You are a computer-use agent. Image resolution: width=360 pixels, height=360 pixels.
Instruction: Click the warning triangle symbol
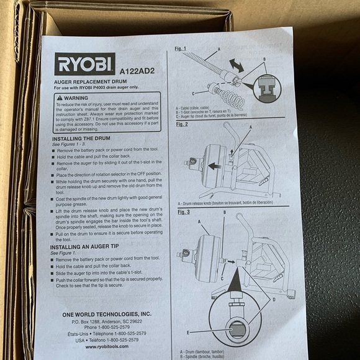coord(60,97)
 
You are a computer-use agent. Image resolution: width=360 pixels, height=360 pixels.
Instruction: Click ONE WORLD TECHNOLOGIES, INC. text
coord(107,314)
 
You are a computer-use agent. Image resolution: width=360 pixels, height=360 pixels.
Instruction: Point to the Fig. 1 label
coord(181,48)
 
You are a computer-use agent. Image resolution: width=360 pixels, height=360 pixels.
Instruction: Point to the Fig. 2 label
coord(182,124)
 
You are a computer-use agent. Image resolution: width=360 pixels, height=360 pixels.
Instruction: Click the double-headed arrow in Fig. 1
coord(238,65)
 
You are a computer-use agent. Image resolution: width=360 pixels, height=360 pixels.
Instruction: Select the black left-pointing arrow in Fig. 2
coord(214,166)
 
